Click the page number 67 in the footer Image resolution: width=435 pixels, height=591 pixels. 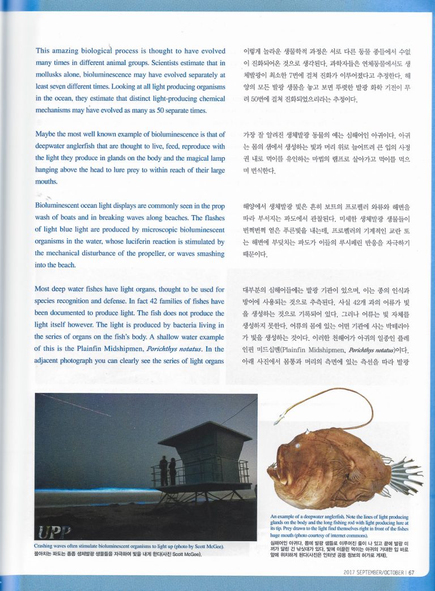[x=412, y=572]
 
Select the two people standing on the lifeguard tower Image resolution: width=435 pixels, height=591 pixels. [x=168, y=470]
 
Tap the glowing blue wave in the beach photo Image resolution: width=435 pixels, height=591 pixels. [x=85, y=491]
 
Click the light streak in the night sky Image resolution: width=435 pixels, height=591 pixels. [x=74, y=405]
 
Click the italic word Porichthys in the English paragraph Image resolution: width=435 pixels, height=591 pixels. [x=164, y=349]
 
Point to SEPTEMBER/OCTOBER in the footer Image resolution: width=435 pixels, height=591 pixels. [x=383, y=572]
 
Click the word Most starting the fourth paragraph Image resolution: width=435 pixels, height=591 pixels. [x=44, y=289]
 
